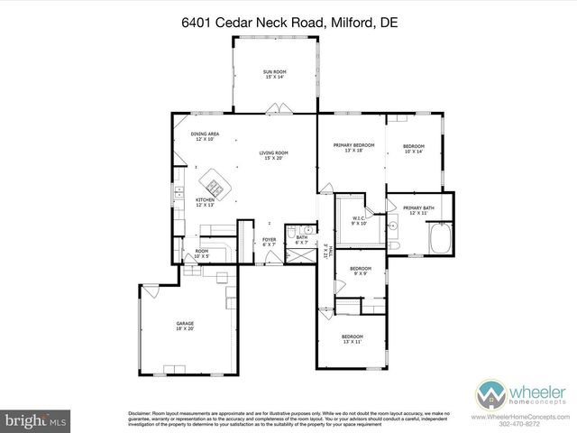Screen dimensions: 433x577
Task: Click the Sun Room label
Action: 274,74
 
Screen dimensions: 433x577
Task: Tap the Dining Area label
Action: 205,136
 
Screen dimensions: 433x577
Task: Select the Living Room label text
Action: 273,155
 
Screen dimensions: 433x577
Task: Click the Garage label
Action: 185,324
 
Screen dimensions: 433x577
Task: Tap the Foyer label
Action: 269,242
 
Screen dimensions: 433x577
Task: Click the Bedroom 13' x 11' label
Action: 351,340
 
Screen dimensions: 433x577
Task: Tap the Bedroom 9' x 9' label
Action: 361,270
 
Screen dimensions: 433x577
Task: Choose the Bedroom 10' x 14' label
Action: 413,149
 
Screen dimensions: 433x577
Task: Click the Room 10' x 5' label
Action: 202,253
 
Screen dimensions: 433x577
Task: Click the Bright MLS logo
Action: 34,420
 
